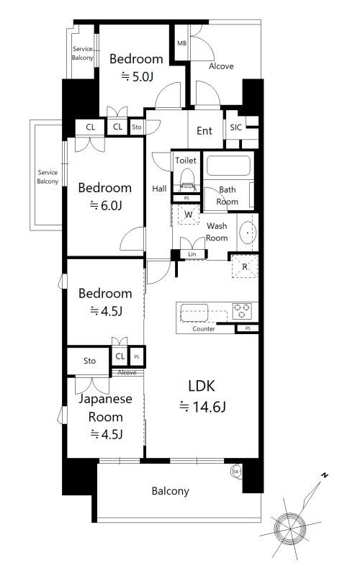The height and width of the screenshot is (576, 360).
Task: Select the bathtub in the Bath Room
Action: tap(228, 166)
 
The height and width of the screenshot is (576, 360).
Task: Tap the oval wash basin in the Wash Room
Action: tap(248, 233)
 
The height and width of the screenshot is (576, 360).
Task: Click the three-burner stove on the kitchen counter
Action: tap(242, 311)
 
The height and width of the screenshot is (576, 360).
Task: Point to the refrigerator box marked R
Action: tap(245, 266)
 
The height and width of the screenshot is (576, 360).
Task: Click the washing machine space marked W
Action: tap(189, 214)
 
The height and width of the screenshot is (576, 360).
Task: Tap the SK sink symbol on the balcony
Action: tap(236, 472)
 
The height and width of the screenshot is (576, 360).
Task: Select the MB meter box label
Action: tap(182, 43)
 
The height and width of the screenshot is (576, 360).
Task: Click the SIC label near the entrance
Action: tap(236, 127)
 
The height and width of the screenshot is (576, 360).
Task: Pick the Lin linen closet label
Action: tap(192, 254)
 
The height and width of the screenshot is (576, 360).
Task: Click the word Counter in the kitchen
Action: tap(204, 329)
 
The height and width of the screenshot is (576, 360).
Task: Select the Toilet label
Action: tap(186, 160)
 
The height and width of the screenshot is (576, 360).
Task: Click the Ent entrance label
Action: tap(204, 131)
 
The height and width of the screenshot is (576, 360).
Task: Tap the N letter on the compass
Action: tap(325, 475)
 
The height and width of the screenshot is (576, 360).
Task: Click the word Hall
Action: tap(159, 189)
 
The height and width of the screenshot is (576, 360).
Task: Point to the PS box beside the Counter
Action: tap(248, 328)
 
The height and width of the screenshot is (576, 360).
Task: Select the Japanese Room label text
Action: tap(105, 408)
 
